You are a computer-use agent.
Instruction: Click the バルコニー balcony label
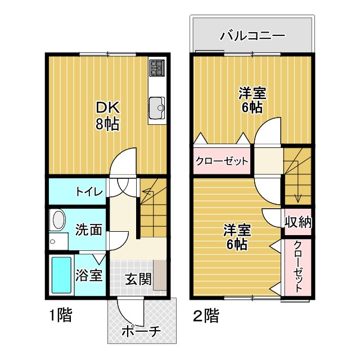[252, 37]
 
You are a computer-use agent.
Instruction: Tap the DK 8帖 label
[107, 115]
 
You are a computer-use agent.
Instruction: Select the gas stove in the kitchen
[156, 69]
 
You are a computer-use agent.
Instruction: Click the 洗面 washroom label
[89, 229]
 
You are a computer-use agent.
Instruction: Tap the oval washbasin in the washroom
[57, 220]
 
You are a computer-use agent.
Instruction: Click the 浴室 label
[89, 276]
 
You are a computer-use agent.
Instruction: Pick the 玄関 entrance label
[138, 278]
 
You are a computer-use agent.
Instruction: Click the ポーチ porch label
[141, 332]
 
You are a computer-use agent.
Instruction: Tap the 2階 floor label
[206, 316]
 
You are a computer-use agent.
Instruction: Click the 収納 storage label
[298, 222]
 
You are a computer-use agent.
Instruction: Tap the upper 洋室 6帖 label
[252, 100]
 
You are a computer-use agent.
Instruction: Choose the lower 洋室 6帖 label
[236, 237]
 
